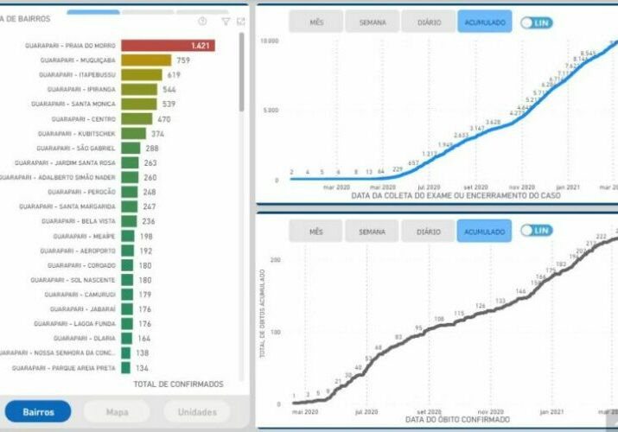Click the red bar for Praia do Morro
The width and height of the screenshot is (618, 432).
(167, 45)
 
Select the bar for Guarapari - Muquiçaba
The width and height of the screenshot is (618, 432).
(146, 60)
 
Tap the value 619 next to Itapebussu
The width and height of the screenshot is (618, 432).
(174, 75)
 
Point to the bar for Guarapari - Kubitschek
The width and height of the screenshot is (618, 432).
(133, 133)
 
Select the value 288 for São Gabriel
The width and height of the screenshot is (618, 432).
(152, 148)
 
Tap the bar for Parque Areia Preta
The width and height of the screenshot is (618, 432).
(126, 367)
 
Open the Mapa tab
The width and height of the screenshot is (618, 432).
(117, 412)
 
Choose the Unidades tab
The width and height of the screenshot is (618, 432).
(197, 412)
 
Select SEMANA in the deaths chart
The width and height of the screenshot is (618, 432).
(372, 232)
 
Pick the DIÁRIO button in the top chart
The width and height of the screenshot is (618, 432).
(428, 22)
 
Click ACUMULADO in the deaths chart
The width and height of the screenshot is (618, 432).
(484, 232)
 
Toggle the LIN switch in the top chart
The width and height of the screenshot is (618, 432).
(536, 22)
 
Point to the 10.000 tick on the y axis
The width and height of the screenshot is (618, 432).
(268, 41)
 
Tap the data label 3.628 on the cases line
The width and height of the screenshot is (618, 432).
(493, 123)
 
